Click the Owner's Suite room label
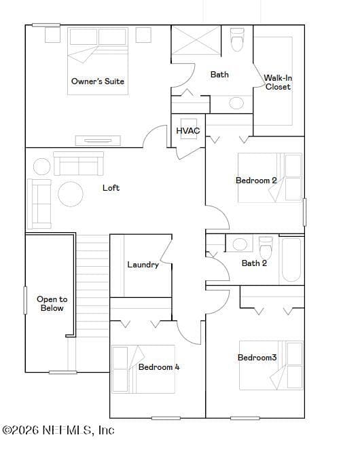pyautogui.click(x=98, y=81)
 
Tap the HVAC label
pyautogui.click(x=188, y=131)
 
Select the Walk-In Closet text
pyautogui.click(x=278, y=82)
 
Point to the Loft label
pyautogui.click(x=111, y=188)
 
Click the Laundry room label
pyautogui.click(x=143, y=265)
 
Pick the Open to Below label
pyautogui.click(x=52, y=303)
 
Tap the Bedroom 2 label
pyautogui.click(x=256, y=181)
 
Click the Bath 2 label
pyautogui.click(x=254, y=263)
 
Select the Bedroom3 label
pyautogui.click(x=257, y=358)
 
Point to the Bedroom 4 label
pyautogui.click(x=159, y=367)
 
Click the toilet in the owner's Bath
pyautogui.click(x=237, y=39)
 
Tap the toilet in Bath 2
pyautogui.click(x=266, y=247)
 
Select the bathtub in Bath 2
pyautogui.click(x=291, y=260)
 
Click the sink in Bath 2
pyautogui.click(x=240, y=244)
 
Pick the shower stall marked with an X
pyautogui.click(x=196, y=40)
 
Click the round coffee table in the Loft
pyautogui.click(x=71, y=194)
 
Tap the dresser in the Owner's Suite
pyautogui.click(x=98, y=140)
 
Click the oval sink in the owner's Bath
pyautogui.click(x=236, y=103)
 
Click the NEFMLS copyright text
pyautogui.click(x=58, y=430)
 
